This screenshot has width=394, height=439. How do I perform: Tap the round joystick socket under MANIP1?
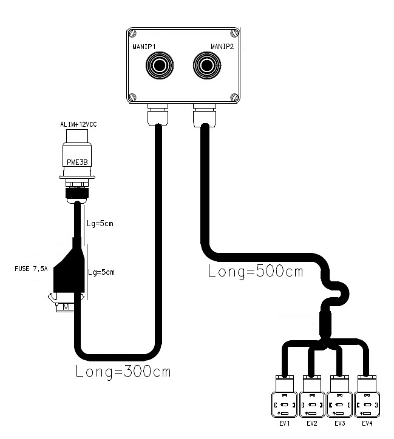point(161,65)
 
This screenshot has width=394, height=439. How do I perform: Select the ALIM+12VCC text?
point(78,124)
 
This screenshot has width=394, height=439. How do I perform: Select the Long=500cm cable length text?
point(256,271)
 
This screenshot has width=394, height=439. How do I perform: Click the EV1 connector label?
point(285,423)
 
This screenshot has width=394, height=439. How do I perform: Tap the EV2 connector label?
point(312,423)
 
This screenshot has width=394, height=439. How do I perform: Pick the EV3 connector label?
point(339,423)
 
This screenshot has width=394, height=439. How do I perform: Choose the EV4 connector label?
point(367,423)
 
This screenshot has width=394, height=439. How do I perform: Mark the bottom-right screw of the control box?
point(234,96)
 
